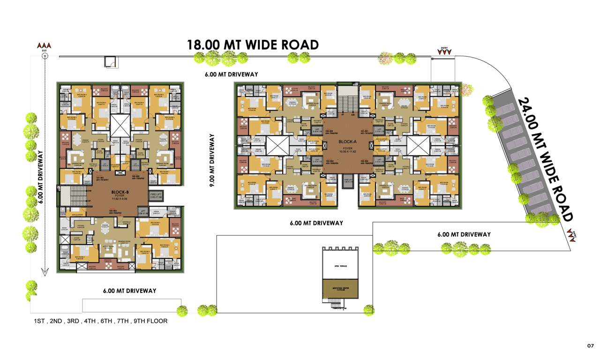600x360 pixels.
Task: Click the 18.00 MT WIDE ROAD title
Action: click(x=253, y=45)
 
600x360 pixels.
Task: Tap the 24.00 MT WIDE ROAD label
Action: click(x=545, y=159)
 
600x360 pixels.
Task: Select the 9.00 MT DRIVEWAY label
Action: click(x=212, y=160)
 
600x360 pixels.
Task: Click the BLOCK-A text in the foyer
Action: click(x=347, y=140)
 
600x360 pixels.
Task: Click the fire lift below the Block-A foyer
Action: click(x=347, y=181)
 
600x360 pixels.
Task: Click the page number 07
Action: click(x=590, y=346)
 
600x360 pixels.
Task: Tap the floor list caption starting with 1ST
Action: click(x=100, y=322)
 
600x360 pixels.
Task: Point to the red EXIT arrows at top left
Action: click(x=45, y=46)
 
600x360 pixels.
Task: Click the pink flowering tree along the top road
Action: click(x=385, y=59)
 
